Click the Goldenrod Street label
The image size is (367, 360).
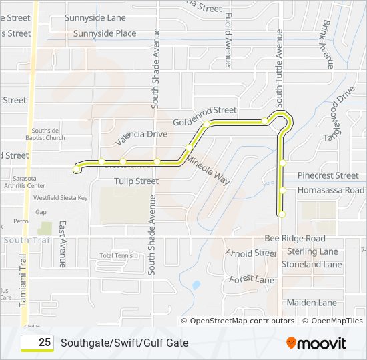coord(204,115)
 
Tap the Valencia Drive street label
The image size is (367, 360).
coord(141,137)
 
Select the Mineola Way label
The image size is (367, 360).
coord(208,170)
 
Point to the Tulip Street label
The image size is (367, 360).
coord(136,181)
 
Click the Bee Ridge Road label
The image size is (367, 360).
coord(294,238)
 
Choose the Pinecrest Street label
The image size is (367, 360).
coord(328,175)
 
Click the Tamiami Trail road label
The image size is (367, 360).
coord(22,279)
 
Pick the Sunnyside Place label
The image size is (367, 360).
coord(105,33)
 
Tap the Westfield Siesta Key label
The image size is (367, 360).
coord(61,198)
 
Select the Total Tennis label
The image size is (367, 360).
coord(116,255)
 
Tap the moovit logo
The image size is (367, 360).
coord(316,343)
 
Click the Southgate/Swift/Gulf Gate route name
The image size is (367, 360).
coord(124,343)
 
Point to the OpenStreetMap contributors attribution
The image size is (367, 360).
coord(242,321)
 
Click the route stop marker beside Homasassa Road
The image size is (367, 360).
coord(283,190)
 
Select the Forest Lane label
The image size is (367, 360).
coord(252,280)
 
